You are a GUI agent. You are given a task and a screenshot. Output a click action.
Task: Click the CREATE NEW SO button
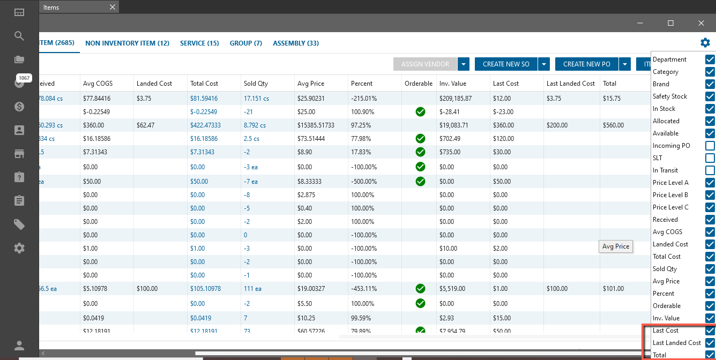coord(506,64)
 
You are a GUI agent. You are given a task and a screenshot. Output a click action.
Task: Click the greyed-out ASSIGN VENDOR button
coord(425,64)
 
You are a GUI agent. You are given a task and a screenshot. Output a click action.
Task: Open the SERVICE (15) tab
coord(199,43)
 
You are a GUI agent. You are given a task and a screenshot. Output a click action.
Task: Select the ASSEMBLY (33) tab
coord(296,43)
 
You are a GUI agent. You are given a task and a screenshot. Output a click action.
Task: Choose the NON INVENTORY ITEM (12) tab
coord(127,43)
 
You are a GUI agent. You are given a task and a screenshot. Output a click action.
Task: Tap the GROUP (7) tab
coord(245,43)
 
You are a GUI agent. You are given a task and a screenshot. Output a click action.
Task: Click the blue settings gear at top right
coord(705,43)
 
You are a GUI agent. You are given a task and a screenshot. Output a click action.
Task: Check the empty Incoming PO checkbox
coord(710,146)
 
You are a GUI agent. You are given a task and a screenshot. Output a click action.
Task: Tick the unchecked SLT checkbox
coord(710,158)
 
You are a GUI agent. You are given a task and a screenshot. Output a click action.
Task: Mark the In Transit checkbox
coord(710,170)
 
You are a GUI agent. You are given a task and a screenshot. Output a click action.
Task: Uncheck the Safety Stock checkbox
coord(710,96)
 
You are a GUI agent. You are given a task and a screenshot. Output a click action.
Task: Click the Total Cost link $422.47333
coord(205,125)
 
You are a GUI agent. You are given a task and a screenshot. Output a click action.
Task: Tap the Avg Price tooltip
coord(615,246)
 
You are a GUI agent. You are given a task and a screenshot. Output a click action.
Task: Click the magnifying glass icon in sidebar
coord(19,36)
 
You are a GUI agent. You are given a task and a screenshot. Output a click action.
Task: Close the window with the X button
coord(701,23)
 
